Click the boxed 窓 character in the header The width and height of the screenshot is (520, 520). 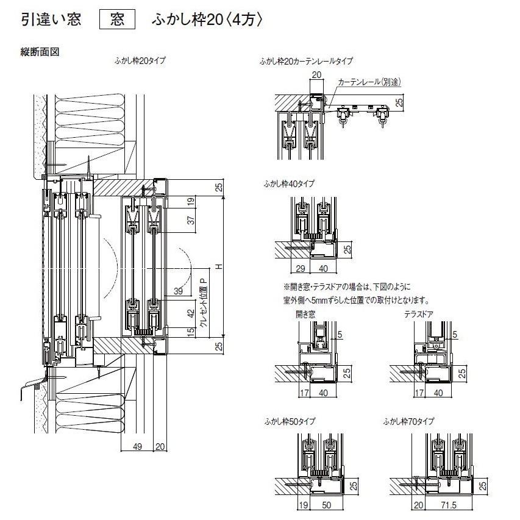tap(118, 20)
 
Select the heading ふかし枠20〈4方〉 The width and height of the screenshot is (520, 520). tap(207, 20)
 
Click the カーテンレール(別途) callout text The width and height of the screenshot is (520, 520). tap(370, 82)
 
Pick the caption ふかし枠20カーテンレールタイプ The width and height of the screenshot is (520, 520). tap(305, 62)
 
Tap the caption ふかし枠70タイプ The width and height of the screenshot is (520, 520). tap(409, 421)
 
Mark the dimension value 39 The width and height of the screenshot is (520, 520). tap(177, 291)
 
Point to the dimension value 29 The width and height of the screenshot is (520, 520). tap(299, 268)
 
